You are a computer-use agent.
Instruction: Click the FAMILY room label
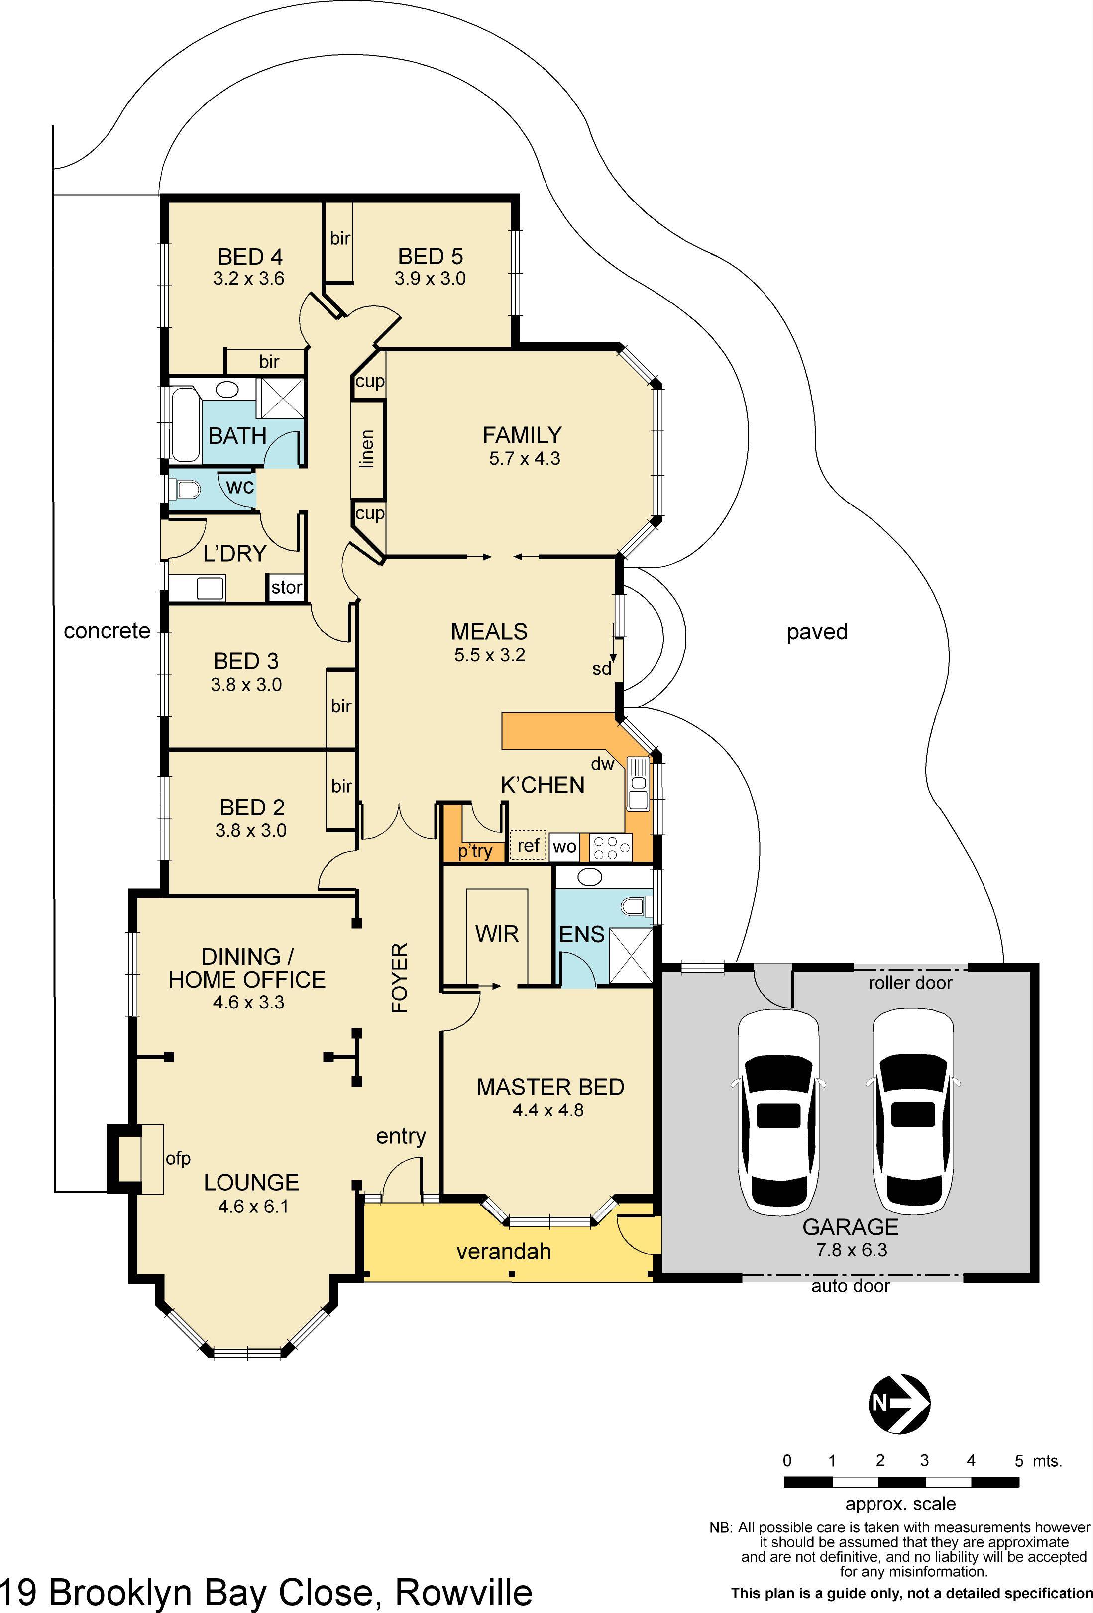522,435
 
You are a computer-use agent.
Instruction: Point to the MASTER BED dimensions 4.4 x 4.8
548,1110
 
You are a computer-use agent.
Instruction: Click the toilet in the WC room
186,491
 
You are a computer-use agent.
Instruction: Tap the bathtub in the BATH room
185,425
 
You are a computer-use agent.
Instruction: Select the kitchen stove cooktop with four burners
611,847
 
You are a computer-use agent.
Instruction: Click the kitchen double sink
638,784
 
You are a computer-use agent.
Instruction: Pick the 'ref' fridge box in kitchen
529,845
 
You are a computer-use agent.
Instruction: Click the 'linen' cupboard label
367,448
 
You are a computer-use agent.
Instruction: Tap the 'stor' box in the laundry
287,587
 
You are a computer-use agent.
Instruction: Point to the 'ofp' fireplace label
178,1158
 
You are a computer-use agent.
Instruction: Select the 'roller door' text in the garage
910,982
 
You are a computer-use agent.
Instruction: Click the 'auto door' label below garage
850,1286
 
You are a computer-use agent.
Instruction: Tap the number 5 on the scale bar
1019,1460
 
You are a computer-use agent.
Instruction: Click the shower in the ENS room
631,956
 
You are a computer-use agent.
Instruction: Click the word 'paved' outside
817,631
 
